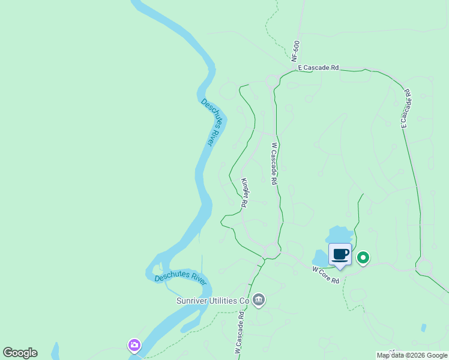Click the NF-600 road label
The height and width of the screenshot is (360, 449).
tap(295, 51)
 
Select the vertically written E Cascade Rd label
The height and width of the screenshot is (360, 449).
tap(405, 108)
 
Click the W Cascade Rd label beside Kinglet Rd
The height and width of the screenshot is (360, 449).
tap(274, 163)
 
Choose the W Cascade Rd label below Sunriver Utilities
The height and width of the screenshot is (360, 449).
tap(239, 331)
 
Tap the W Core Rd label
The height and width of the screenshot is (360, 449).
tap(326, 276)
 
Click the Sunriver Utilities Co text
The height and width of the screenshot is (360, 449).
tap(212, 300)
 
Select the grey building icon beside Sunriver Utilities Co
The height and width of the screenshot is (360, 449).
tap(259, 299)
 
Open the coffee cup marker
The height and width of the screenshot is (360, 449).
tap(340, 254)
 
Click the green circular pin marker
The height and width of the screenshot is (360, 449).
tap(363, 258)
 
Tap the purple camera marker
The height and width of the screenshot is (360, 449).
tap(134, 345)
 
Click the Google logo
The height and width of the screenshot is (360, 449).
tap(20, 353)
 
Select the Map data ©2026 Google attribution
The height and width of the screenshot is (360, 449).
tap(412, 355)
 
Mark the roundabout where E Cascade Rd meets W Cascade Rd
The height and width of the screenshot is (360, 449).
tap(272, 80)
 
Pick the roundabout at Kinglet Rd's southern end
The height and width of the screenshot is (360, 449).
tap(272, 249)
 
